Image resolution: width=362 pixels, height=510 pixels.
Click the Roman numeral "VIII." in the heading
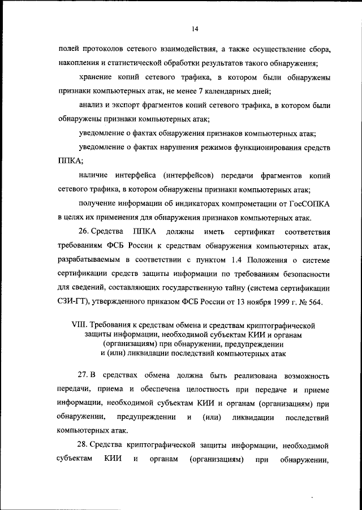(x=79, y=326)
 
